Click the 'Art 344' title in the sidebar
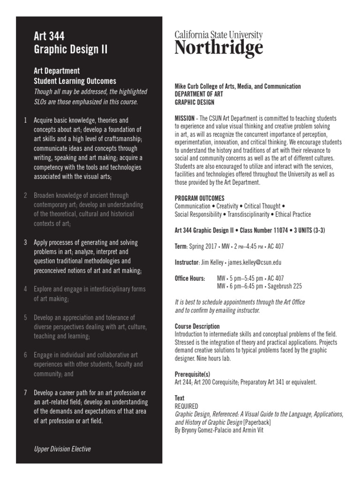[x=49, y=36]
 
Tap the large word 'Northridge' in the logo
[x=218, y=48]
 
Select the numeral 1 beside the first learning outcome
[x=25, y=120]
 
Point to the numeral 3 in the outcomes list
[x=25, y=242]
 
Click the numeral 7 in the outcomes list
[x=25, y=392]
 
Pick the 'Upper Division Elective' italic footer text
[x=62, y=449]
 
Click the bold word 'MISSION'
[x=185, y=119]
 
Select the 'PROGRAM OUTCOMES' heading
[x=199, y=198]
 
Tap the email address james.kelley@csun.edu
[x=255, y=262]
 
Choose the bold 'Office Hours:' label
[x=190, y=278]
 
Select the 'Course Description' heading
[x=197, y=326]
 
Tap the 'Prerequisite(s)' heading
[x=193, y=374]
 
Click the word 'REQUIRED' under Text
[x=187, y=406]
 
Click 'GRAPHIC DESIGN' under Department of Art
[x=194, y=102]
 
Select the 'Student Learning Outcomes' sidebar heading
[x=75, y=81]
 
